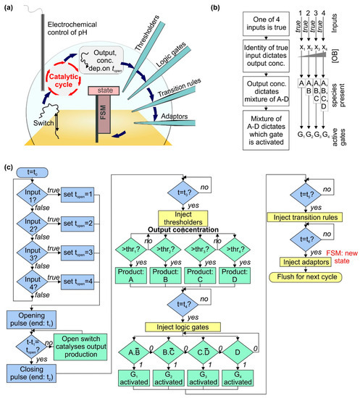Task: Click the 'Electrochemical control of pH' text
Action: point(70,17)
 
